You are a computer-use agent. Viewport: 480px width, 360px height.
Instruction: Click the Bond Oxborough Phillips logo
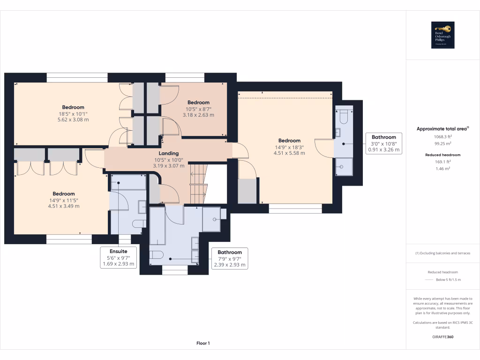(x=442, y=35)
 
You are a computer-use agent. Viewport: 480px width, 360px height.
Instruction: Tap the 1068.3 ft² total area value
(x=442, y=137)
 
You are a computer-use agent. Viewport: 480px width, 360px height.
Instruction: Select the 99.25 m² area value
(x=442, y=144)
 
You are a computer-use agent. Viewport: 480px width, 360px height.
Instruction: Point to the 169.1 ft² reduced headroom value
(x=442, y=162)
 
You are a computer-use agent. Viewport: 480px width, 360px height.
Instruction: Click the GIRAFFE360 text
(x=442, y=337)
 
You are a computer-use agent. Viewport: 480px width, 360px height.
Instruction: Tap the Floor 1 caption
(x=203, y=343)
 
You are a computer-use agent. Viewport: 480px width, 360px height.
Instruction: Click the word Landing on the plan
(x=169, y=153)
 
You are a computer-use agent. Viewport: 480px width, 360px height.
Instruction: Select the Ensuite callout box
(x=119, y=257)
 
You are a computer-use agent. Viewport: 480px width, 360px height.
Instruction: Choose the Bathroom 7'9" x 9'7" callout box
(x=229, y=258)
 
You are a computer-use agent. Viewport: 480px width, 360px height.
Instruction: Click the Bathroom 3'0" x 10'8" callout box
(x=384, y=143)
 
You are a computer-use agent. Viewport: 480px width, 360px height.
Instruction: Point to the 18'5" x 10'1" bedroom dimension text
(x=73, y=113)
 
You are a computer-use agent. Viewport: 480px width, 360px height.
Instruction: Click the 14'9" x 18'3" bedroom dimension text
(x=289, y=147)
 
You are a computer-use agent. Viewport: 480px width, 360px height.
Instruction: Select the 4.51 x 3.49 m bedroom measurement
(x=64, y=206)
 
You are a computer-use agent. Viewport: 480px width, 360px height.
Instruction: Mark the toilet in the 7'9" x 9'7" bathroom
(x=157, y=255)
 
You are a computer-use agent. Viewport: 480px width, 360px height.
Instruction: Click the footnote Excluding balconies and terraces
(x=442, y=253)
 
